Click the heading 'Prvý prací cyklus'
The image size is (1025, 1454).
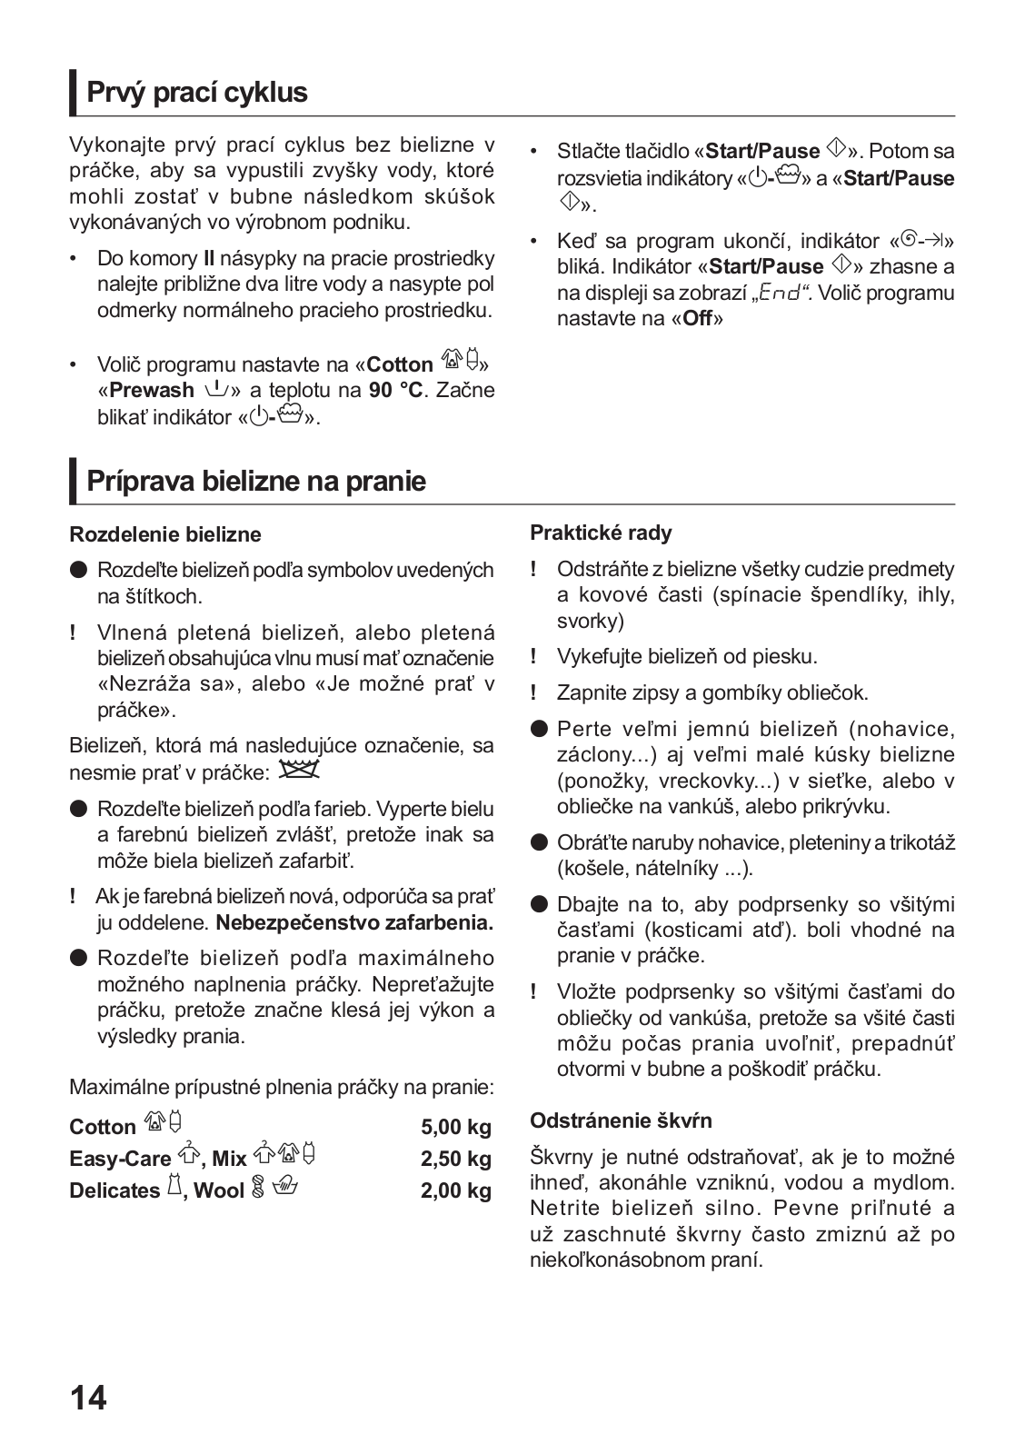point(196,93)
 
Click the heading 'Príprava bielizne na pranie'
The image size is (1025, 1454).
point(255,481)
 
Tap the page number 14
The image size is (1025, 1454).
point(88,1397)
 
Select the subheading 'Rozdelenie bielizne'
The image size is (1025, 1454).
point(164,534)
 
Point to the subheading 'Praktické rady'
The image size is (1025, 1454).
point(601,533)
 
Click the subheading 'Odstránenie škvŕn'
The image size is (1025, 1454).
point(621,1120)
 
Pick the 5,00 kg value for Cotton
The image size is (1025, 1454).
point(455,1127)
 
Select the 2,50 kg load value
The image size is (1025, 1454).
point(455,1159)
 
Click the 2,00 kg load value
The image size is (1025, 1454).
point(455,1190)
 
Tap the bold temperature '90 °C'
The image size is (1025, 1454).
point(395,391)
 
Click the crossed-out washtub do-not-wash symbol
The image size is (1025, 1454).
point(299,771)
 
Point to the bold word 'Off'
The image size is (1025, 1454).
point(697,319)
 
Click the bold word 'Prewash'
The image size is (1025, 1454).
point(152,391)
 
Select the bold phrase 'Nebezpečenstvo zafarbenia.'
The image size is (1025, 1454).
point(354,923)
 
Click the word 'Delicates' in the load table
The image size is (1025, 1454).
point(114,1190)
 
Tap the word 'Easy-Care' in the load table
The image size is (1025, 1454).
point(120,1159)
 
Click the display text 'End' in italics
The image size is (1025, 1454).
point(781,293)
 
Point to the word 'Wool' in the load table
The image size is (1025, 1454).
point(219,1190)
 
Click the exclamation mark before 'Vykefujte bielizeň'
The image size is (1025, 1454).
point(534,656)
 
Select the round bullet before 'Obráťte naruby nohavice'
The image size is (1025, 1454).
point(540,842)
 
